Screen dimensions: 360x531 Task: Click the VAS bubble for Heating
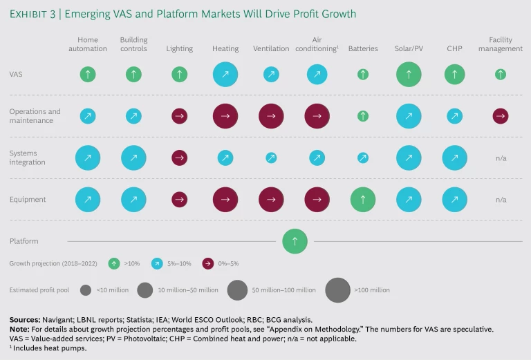point(225,74)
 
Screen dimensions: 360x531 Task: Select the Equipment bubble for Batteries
point(363,200)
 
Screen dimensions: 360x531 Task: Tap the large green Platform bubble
point(295,241)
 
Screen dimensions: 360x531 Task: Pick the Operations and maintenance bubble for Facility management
point(501,116)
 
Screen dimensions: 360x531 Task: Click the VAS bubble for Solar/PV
point(409,74)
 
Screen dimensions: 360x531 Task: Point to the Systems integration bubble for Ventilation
point(271,158)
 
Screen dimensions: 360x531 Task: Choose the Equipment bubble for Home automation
point(88,200)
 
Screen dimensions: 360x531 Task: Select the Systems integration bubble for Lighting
point(180,158)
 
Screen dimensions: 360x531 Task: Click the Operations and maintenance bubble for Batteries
point(363,116)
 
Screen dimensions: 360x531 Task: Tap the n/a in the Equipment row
point(501,200)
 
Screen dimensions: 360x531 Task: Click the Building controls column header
point(133,44)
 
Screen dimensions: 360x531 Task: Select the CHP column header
point(454,49)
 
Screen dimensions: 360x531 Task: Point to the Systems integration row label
point(28,158)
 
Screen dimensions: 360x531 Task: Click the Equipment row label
point(28,200)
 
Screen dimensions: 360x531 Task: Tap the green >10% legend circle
point(114,263)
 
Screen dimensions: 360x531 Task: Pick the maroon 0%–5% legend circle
point(208,263)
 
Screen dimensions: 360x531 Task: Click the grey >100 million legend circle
point(338,290)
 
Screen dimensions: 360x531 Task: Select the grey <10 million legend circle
point(86,290)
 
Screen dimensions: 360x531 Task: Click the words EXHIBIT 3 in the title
point(34,14)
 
